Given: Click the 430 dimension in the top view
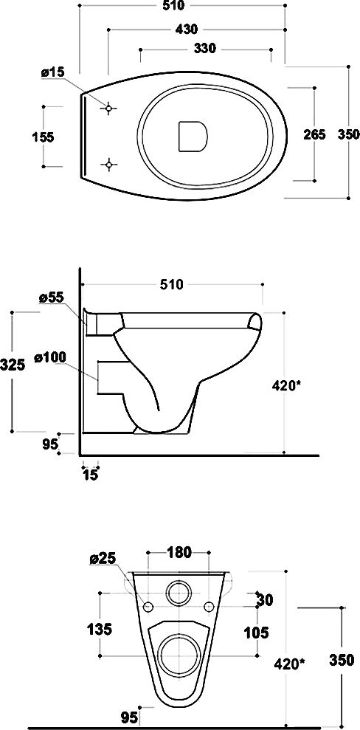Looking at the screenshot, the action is pos(187,30).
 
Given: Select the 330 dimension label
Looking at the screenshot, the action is pos(204,48).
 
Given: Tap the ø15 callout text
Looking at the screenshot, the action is pos(52,72).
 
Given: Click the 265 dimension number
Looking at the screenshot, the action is pos(315,134).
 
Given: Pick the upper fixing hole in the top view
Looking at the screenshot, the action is pos(108,109).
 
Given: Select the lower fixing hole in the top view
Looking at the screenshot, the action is pos(108,165).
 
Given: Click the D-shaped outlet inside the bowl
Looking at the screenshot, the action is pos(192,137).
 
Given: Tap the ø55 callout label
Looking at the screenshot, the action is pos(51,298).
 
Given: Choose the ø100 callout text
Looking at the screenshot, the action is pos(50,357).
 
